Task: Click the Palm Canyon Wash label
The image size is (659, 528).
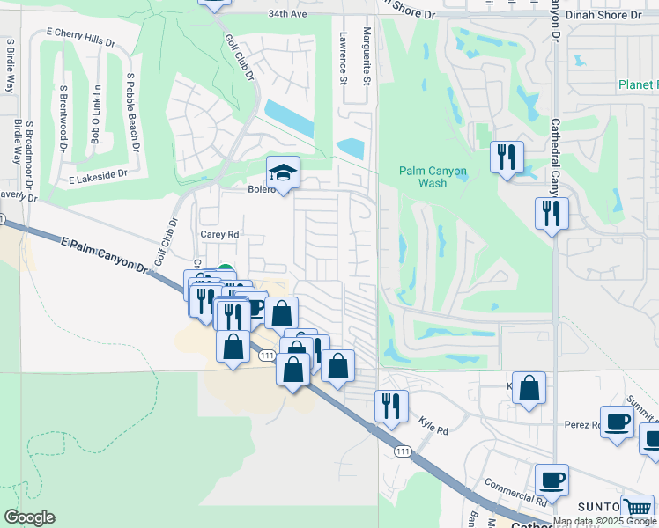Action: click(421, 177)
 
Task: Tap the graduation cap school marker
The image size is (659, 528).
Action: click(284, 172)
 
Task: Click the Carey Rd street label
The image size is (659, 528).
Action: click(219, 235)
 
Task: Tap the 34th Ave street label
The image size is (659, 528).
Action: click(287, 14)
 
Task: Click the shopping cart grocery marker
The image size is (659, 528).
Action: click(637, 507)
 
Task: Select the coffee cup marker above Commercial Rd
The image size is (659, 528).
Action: click(552, 480)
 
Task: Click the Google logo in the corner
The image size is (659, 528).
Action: click(29, 517)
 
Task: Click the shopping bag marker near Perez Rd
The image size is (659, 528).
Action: click(529, 387)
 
